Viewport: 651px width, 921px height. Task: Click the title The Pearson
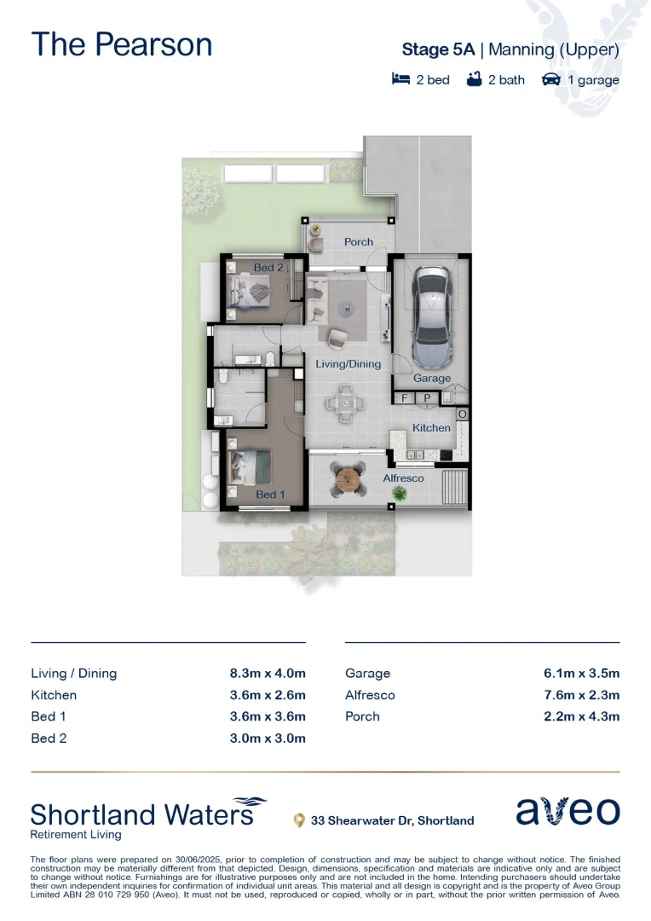[x=122, y=44]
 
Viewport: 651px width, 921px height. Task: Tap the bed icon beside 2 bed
[x=400, y=79]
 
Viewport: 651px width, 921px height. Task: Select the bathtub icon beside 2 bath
[x=475, y=79]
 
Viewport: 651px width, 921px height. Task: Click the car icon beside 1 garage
[x=550, y=79]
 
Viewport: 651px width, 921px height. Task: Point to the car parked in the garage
[x=432, y=316]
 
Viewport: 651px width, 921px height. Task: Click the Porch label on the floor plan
[x=359, y=241]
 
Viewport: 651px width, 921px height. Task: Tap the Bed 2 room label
[x=268, y=267]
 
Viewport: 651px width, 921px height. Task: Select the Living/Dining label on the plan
[x=348, y=363]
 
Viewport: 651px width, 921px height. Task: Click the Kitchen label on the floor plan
[x=431, y=427]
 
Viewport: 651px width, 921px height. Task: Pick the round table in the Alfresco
[x=349, y=481]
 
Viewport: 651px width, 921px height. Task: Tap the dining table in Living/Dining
[x=346, y=403]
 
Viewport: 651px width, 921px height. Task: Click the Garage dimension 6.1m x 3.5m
[x=581, y=673]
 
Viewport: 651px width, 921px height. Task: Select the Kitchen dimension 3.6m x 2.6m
[x=268, y=695]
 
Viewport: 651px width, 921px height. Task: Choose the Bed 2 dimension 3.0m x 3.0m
[x=268, y=738]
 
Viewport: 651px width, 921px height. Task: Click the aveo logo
[x=567, y=811]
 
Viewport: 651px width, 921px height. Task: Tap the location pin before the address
[x=299, y=820]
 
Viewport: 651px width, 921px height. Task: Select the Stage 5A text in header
[x=438, y=49]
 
